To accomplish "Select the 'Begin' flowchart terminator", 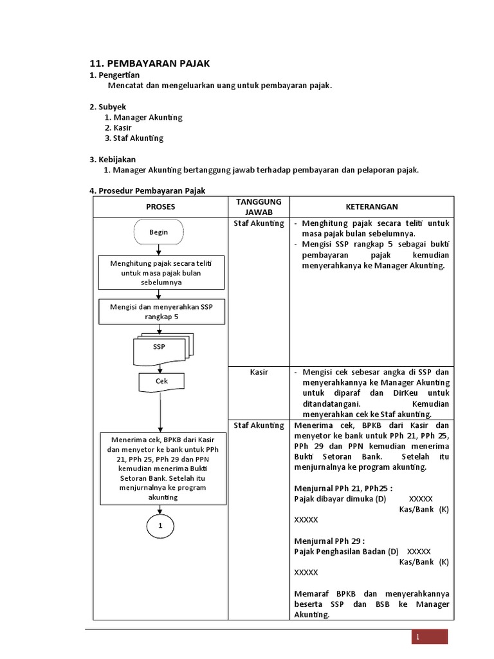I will click(158, 232).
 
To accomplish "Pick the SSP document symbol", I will click(160, 348).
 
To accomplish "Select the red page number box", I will click(430, 636).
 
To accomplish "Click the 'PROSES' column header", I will click(160, 207).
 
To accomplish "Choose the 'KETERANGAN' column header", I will click(372, 207).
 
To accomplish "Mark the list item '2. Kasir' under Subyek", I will click(118, 127).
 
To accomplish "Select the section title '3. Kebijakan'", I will click(113, 159).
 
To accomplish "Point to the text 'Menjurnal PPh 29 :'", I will click(329, 541).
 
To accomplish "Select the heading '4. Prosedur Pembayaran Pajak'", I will click(147, 190).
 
